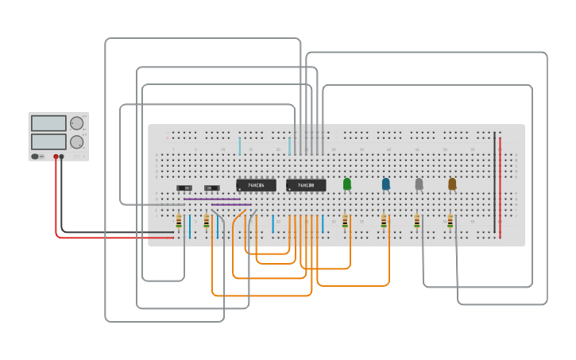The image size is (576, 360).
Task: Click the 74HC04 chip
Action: click(x=256, y=185)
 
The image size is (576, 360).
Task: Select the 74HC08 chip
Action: click(x=306, y=185)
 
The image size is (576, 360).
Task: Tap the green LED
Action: click(x=346, y=184)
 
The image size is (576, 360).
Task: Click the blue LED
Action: click(x=386, y=184)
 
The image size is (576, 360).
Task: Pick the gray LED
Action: click(x=419, y=184)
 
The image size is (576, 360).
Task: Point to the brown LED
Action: click(x=452, y=184)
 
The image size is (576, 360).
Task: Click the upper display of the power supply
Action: click(x=49, y=123)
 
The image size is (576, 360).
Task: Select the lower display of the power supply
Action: click(x=49, y=141)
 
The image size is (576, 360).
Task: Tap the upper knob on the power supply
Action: click(x=76, y=123)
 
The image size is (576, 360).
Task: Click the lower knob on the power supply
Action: click(x=76, y=142)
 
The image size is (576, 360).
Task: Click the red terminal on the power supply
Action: click(x=56, y=157)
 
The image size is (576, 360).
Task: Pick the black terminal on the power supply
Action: click(x=62, y=157)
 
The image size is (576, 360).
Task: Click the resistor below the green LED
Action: click(x=345, y=222)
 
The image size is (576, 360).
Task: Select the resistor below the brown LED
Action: click(x=450, y=222)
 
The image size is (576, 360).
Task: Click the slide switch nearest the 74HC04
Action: click(x=211, y=188)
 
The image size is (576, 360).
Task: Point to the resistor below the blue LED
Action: click(x=384, y=222)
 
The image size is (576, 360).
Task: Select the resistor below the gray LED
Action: click(x=417, y=222)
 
